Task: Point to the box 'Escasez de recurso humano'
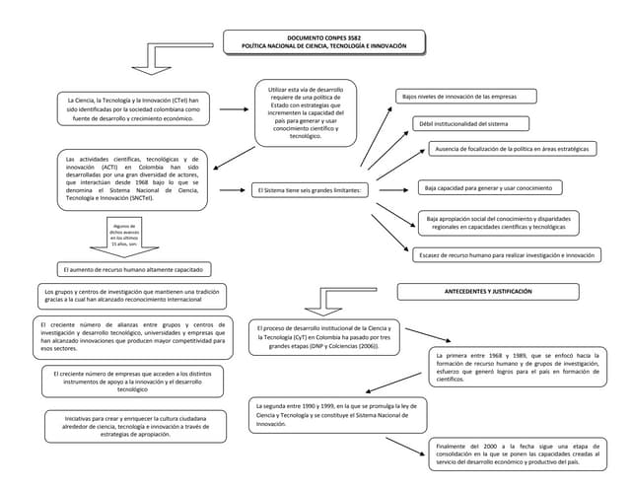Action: click(x=507, y=254)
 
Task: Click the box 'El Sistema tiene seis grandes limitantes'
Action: click(x=310, y=189)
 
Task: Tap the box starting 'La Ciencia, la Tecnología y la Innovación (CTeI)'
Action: click(x=132, y=109)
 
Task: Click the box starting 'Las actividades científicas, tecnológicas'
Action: click(x=132, y=178)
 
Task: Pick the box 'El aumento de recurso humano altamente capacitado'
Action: click(x=132, y=268)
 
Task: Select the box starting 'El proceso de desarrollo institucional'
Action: click(x=323, y=337)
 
